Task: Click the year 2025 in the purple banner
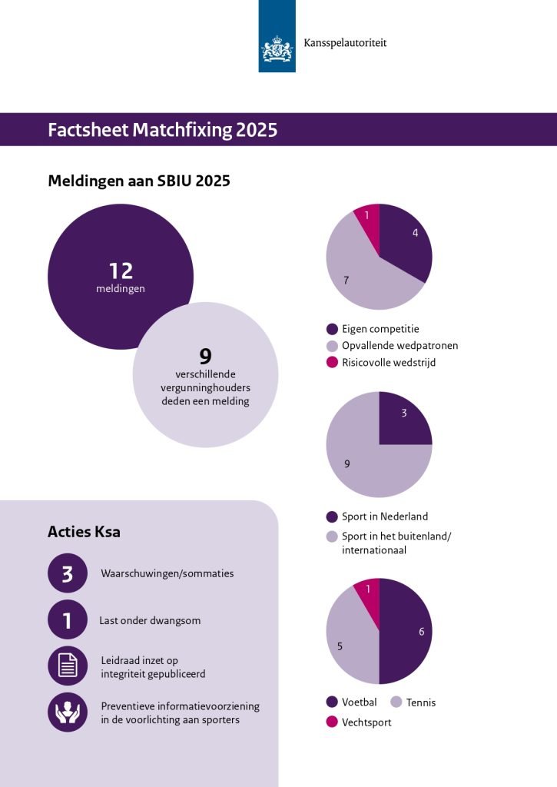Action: [x=257, y=130]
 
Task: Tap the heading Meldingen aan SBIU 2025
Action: [x=139, y=181]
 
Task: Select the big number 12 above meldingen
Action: [x=121, y=271]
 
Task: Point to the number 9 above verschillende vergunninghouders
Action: [x=206, y=357]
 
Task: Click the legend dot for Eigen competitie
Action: [x=332, y=329]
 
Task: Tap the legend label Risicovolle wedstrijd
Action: [x=389, y=363]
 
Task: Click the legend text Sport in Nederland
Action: [x=385, y=516]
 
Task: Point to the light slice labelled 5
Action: [x=351, y=640]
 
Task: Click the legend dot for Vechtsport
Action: [x=332, y=722]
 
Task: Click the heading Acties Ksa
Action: [x=84, y=532]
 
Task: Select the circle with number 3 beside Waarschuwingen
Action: [x=68, y=573]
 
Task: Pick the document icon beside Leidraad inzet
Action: [x=68, y=666]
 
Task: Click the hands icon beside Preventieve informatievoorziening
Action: [x=68, y=712]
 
